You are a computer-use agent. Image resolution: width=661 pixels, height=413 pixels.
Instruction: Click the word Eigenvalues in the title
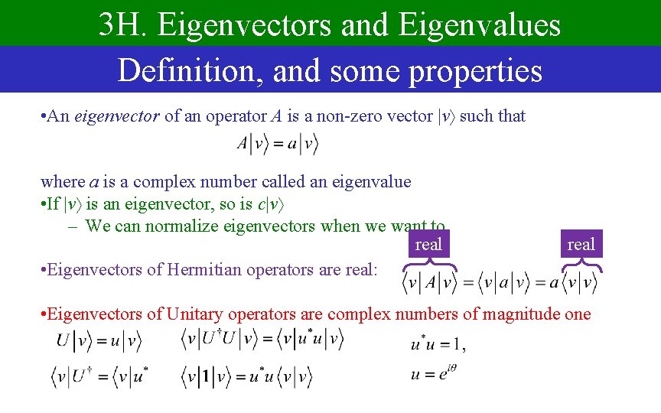(x=478, y=25)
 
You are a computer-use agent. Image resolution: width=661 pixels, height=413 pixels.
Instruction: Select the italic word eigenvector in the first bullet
(x=117, y=116)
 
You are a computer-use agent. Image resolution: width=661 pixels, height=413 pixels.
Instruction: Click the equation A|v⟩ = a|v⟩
(x=277, y=143)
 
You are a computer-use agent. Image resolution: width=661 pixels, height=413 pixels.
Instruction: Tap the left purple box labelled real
(x=428, y=244)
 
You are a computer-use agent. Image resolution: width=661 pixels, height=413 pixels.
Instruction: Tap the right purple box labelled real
(x=581, y=244)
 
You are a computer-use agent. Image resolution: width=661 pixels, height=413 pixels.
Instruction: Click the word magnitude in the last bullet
(x=519, y=314)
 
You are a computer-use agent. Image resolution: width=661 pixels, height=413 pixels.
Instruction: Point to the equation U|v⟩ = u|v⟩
(x=99, y=340)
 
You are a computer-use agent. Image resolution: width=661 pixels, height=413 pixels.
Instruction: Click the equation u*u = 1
(x=435, y=345)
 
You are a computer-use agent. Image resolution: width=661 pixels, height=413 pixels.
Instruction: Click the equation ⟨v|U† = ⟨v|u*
(x=99, y=376)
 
